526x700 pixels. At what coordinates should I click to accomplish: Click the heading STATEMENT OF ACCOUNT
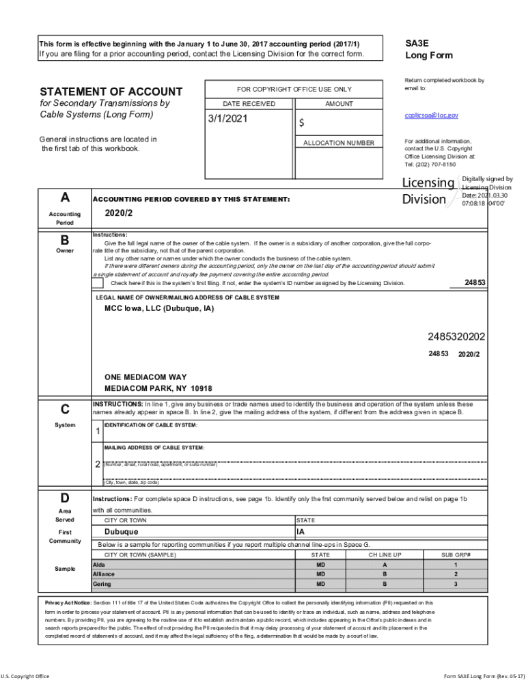[111, 92]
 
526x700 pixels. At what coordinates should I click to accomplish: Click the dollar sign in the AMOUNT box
[301, 124]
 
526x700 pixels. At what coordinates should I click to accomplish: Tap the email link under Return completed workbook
[431, 116]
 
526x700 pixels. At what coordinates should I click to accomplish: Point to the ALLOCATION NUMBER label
[339, 143]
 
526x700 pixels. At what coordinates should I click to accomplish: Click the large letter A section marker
[64, 198]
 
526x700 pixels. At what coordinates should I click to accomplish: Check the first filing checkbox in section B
[98, 282]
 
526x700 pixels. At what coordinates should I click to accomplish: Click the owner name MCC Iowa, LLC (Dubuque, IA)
[158, 308]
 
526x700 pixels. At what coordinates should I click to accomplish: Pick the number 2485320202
[456, 336]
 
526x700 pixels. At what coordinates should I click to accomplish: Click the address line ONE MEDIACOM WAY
[145, 377]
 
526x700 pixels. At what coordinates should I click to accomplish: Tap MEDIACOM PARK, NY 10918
[158, 388]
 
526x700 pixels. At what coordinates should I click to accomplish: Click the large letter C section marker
[64, 409]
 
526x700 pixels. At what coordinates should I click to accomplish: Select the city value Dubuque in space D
[121, 532]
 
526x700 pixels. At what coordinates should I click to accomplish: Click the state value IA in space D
[301, 532]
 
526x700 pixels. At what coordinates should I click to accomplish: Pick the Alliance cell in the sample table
[104, 574]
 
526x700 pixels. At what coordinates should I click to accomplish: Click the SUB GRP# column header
[456, 554]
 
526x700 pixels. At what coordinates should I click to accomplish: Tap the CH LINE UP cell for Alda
[385, 565]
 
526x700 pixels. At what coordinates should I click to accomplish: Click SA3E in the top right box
[417, 42]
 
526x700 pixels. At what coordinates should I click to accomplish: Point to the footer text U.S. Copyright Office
[25, 677]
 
